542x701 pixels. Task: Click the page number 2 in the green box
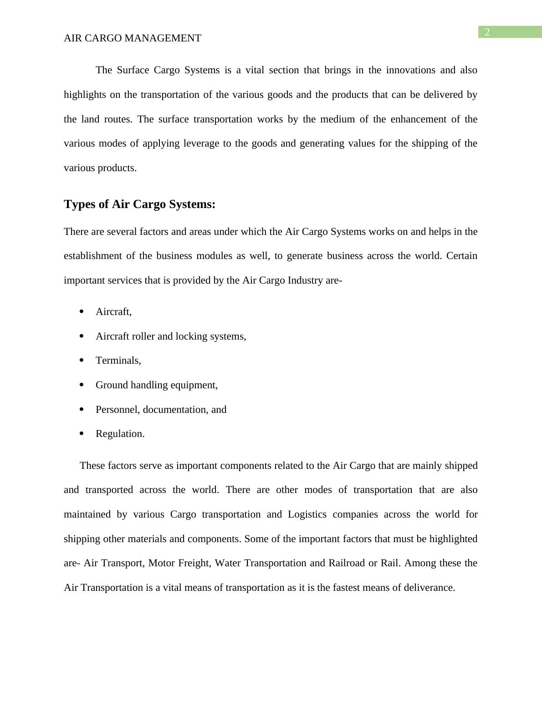pos(487,32)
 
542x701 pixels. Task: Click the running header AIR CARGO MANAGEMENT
pos(132,38)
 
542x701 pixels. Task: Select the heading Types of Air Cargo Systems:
pos(139,204)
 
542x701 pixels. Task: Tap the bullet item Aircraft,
pos(113,312)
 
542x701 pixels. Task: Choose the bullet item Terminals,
pos(118,361)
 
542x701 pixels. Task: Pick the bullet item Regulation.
pos(120,434)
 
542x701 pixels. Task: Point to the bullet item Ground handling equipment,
pos(156,385)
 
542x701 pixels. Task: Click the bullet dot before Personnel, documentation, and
pos(82,409)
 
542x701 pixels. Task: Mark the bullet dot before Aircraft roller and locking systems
pos(82,336)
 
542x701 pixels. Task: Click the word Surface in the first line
pos(133,70)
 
